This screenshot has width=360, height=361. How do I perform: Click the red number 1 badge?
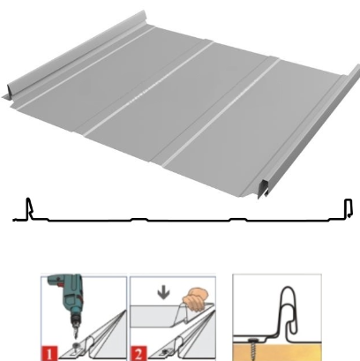click(49, 353)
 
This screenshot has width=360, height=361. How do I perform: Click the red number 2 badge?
click(139, 353)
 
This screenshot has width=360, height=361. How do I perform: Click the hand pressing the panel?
click(195, 299)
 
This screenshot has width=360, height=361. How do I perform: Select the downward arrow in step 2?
click(163, 293)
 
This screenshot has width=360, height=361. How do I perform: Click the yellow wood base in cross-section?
click(277, 352)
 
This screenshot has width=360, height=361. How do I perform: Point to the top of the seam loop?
click(288, 288)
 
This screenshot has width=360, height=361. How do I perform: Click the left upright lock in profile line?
click(29, 208)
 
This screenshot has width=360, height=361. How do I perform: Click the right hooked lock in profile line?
click(349, 208)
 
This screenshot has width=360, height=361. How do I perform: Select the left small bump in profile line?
click(139, 219)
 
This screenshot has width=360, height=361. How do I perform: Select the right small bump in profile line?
click(238, 219)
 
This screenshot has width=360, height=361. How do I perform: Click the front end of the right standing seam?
click(263, 189)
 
